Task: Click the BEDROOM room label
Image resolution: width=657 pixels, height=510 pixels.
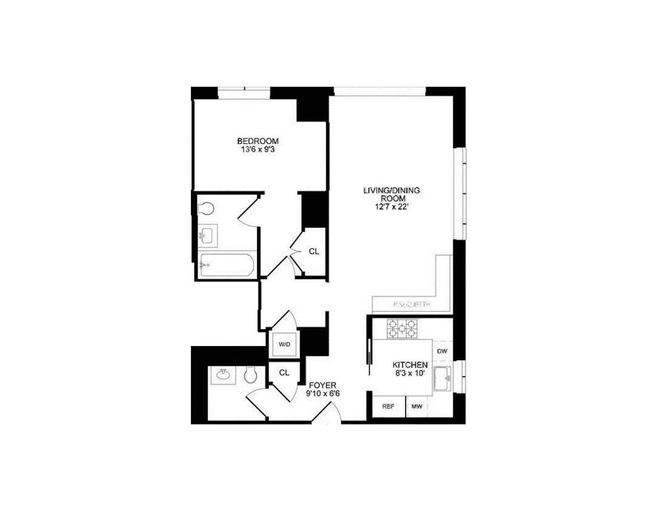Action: coord(258,141)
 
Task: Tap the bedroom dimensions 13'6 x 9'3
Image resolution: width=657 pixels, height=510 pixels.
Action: coord(258,150)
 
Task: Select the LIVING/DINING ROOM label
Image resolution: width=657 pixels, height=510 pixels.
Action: coord(391,194)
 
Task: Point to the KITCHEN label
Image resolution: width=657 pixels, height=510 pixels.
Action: coord(410,365)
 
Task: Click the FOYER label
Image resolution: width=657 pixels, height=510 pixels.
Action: coord(323,385)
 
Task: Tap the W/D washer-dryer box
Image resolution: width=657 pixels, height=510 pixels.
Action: coord(284,344)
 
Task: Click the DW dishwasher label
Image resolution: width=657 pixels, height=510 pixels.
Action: coord(442,351)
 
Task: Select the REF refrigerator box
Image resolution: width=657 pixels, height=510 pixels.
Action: coord(388,407)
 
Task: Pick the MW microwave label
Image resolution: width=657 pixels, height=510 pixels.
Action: coord(417,407)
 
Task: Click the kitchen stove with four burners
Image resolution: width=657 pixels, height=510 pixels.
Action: coord(402,329)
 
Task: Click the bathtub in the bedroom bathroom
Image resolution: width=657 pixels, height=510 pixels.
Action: coord(227,265)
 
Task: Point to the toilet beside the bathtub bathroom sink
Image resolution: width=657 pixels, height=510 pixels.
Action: coord(206,209)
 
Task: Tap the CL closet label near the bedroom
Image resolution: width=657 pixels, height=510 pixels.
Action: coord(314,252)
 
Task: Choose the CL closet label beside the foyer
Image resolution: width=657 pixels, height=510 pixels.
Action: coord(284,373)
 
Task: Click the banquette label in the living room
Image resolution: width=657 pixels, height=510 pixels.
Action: coord(412,304)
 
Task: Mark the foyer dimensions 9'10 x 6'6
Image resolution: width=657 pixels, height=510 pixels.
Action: coord(323,394)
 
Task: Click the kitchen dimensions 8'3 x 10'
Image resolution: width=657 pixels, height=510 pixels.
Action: coord(410,373)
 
